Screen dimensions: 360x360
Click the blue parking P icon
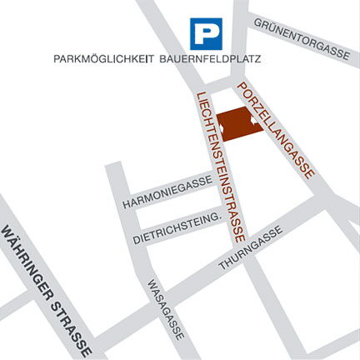pos(205,34)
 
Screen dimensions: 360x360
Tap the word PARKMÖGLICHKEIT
pos(101,60)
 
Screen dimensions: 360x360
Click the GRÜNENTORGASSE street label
pos(301,38)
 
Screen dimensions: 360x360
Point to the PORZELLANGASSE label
pos(275,129)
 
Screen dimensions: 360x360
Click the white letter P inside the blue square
pos(205,34)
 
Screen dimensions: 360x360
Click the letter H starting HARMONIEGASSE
pos(126,205)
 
